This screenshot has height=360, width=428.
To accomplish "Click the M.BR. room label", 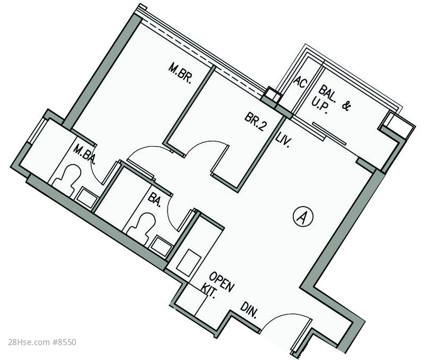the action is [x=180, y=73].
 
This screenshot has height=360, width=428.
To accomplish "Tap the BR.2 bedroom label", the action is [x=256, y=122].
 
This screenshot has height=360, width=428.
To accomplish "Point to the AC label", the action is [x=300, y=82].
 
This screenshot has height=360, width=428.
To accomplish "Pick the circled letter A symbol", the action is [x=303, y=217].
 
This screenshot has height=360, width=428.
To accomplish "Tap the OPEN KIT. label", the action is [x=217, y=286].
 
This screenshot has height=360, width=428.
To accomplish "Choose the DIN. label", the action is [x=249, y=310].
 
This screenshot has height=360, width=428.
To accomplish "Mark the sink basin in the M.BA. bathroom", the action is [x=87, y=198].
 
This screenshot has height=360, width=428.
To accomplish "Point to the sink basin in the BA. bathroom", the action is [x=162, y=246].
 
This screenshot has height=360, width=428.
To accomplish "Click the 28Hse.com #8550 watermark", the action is [x=42, y=342].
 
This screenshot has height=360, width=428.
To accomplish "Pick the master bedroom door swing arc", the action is [x=147, y=150].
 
